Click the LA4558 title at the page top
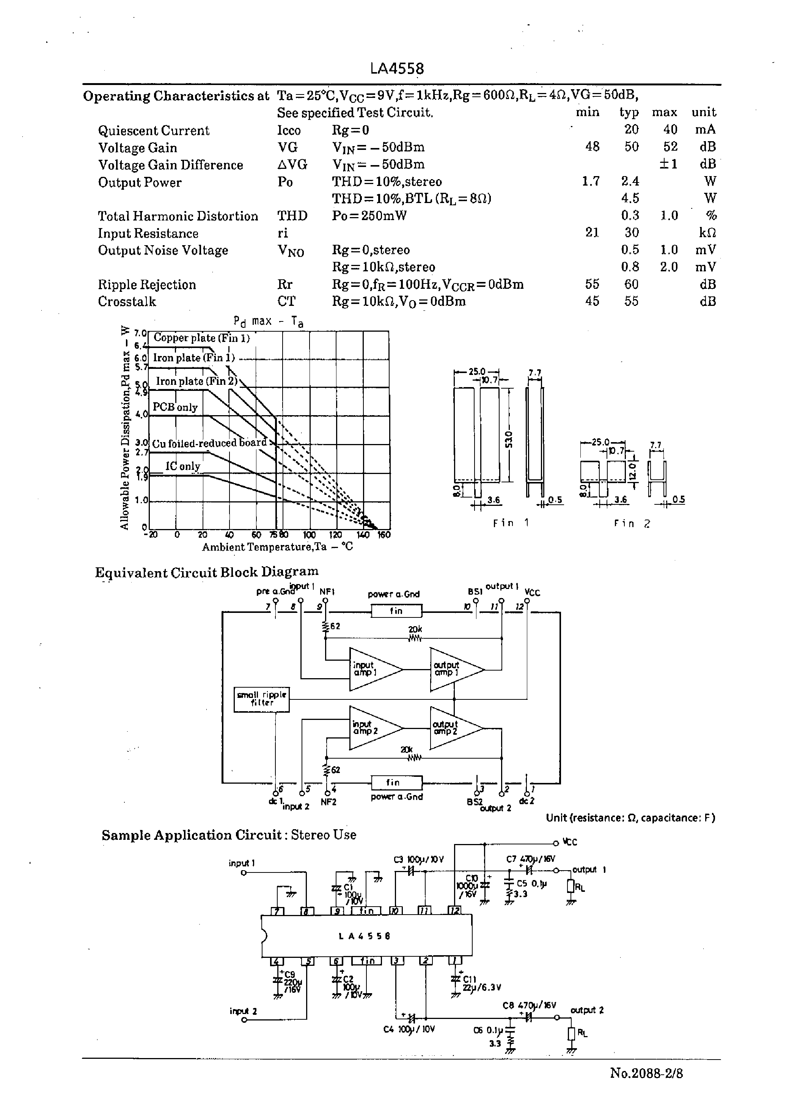[396, 69]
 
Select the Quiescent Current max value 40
[670, 130]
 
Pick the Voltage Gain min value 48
[592, 147]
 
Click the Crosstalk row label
[127, 302]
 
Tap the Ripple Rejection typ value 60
[631, 284]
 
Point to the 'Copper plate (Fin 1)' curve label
[201, 338]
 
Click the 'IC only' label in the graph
[183, 466]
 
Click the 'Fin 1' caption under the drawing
[511, 523]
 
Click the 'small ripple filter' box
[261, 699]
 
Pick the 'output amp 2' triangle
[452, 728]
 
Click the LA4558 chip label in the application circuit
[365, 935]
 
